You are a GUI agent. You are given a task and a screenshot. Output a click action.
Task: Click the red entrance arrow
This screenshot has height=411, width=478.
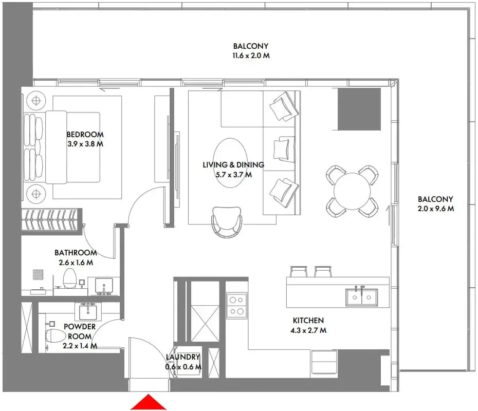point(149,402)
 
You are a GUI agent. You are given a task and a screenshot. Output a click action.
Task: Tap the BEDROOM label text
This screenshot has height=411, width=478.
point(85,135)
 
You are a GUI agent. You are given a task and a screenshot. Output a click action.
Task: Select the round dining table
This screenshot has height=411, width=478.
point(352,191)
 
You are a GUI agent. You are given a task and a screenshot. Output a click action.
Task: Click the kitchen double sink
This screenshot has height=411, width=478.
point(361,297)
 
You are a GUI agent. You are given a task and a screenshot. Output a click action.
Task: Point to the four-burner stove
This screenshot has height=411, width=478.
point(236,306)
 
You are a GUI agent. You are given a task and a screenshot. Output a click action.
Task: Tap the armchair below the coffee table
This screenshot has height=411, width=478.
point(227,222)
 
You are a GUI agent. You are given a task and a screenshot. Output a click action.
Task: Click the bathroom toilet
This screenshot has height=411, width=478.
point(70,278)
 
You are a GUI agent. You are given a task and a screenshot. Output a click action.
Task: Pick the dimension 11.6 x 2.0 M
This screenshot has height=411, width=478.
point(251,56)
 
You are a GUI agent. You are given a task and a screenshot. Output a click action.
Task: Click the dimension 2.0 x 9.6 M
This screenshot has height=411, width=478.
point(436,209)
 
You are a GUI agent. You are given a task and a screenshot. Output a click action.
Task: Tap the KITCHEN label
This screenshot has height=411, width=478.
point(308,320)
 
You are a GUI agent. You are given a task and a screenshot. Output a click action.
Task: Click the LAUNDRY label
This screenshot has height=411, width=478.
point(183,357)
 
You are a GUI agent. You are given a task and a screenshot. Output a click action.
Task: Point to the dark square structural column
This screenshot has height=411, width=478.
point(359,109)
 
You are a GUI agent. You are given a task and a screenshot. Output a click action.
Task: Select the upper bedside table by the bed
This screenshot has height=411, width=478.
point(36,100)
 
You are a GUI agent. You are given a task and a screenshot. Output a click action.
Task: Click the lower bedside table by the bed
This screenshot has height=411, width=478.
point(36,194)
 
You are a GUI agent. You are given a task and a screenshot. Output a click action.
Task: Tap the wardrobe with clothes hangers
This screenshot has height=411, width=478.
point(51,220)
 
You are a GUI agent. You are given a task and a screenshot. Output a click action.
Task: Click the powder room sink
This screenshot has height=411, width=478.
point(88,311)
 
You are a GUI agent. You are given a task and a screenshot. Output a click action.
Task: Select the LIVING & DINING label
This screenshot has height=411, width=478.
point(233,165)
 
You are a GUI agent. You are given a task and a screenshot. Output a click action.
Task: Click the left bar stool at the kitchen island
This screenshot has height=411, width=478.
point(299,272)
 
